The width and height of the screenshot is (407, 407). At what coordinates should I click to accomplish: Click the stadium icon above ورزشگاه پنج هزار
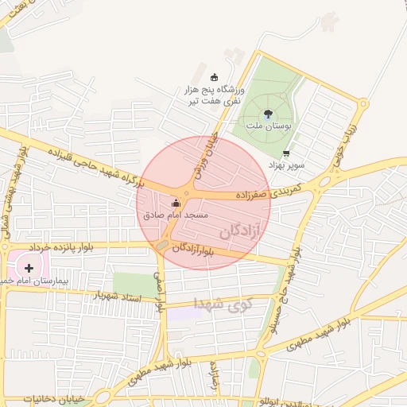click(213, 77)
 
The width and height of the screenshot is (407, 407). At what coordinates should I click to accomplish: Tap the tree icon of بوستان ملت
click(267, 114)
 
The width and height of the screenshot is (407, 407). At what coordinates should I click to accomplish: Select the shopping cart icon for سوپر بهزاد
click(286, 153)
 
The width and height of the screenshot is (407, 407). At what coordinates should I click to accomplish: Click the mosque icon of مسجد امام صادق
click(176, 203)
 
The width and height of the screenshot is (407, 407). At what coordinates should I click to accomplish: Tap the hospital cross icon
click(29, 268)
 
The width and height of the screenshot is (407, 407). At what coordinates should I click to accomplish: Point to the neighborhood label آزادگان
click(240, 232)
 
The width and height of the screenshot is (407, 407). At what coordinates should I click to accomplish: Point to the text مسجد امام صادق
click(176, 215)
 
